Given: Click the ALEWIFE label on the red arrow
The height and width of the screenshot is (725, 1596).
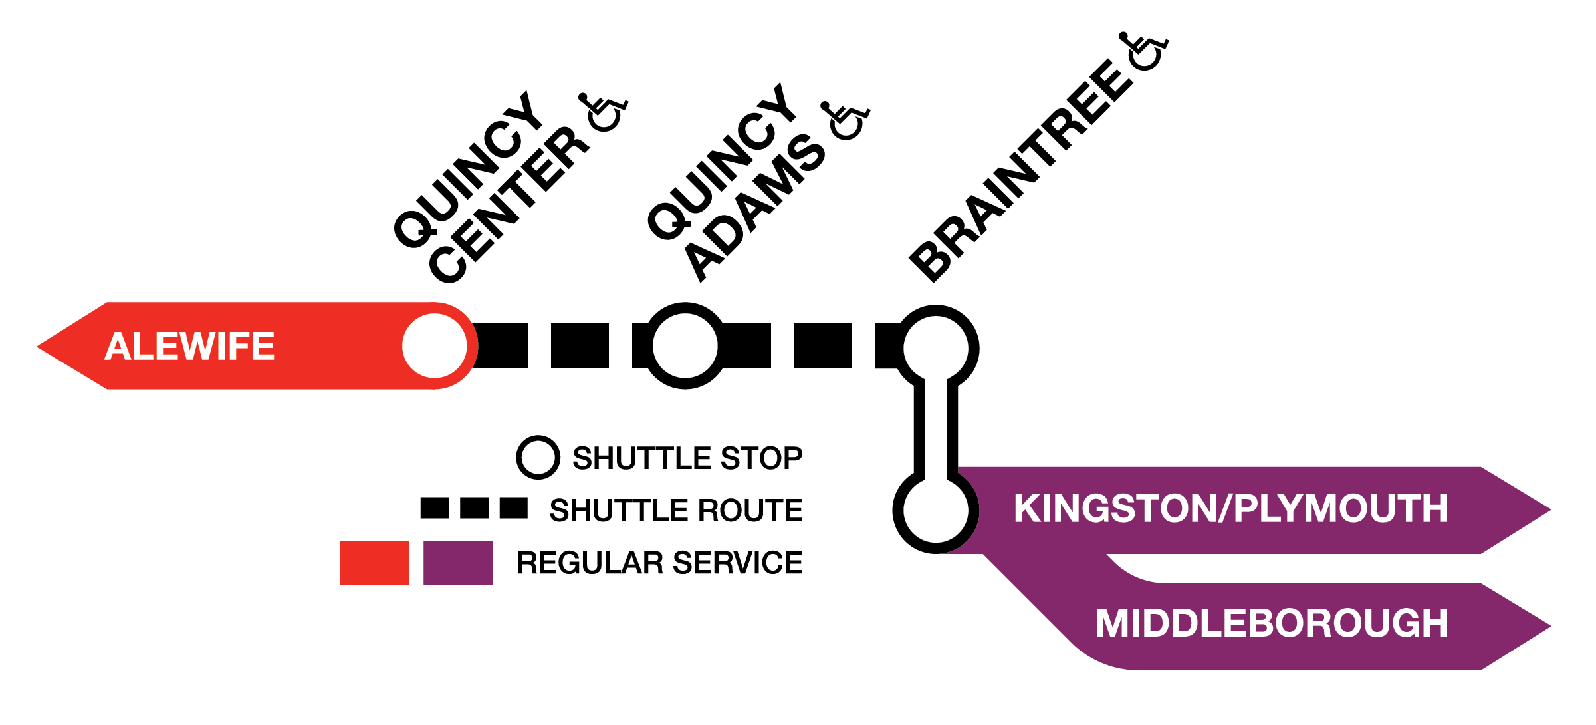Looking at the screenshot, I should pyautogui.click(x=189, y=347).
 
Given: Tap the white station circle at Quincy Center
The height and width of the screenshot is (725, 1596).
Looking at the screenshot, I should pyautogui.click(x=435, y=346).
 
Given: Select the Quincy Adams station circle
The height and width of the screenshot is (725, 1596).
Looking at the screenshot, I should pyautogui.click(x=685, y=346).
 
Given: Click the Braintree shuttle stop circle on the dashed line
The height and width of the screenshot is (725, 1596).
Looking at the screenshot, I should pyautogui.click(x=935, y=347).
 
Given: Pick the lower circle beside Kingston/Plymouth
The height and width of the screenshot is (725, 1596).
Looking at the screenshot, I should pyautogui.click(x=935, y=510).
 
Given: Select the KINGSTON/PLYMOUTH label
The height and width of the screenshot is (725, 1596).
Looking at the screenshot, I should pyautogui.click(x=1230, y=509).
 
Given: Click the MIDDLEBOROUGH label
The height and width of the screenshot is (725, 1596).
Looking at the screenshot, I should pyautogui.click(x=1272, y=624).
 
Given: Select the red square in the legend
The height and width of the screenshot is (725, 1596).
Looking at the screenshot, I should pyautogui.click(x=374, y=563).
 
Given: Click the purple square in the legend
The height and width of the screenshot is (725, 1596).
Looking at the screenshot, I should pyautogui.click(x=458, y=563).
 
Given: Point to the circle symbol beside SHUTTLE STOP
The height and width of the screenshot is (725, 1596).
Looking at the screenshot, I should pyautogui.click(x=538, y=458).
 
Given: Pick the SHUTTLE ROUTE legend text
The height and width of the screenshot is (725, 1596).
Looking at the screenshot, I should pyautogui.click(x=676, y=511).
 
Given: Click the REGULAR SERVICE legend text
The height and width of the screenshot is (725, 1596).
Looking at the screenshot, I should pyautogui.click(x=659, y=563).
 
